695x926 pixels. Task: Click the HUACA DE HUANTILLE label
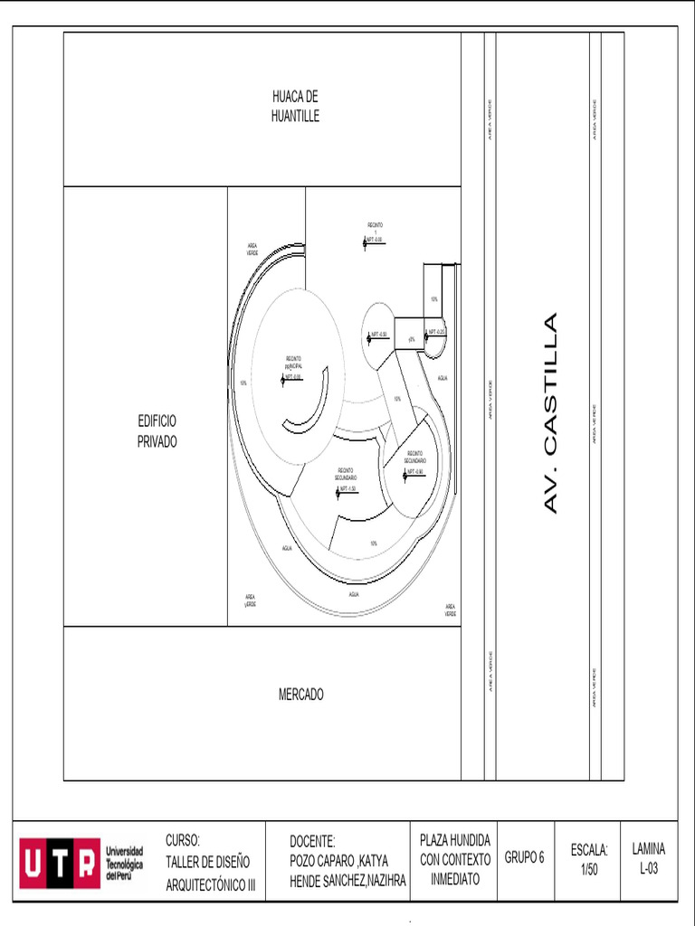pyautogui.click(x=295, y=106)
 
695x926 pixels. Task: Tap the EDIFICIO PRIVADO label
pyautogui.click(x=157, y=431)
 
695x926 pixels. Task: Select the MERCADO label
pyautogui.click(x=300, y=694)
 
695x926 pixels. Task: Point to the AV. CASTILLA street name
pyautogui.click(x=550, y=413)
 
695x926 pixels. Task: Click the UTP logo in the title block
pyautogui.click(x=59, y=862)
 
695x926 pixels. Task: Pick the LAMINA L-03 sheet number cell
pyautogui.click(x=648, y=859)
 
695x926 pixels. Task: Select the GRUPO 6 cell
pyautogui.click(x=525, y=858)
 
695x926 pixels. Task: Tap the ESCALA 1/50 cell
pyautogui.click(x=589, y=859)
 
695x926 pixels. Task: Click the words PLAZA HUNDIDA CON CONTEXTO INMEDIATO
pyautogui.click(x=455, y=859)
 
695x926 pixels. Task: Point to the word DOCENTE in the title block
pyautogui.click(x=312, y=841)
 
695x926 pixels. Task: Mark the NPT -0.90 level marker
pyautogui.click(x=414, y=472)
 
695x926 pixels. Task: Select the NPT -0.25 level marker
pyautogui.click(x=434, y=332)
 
